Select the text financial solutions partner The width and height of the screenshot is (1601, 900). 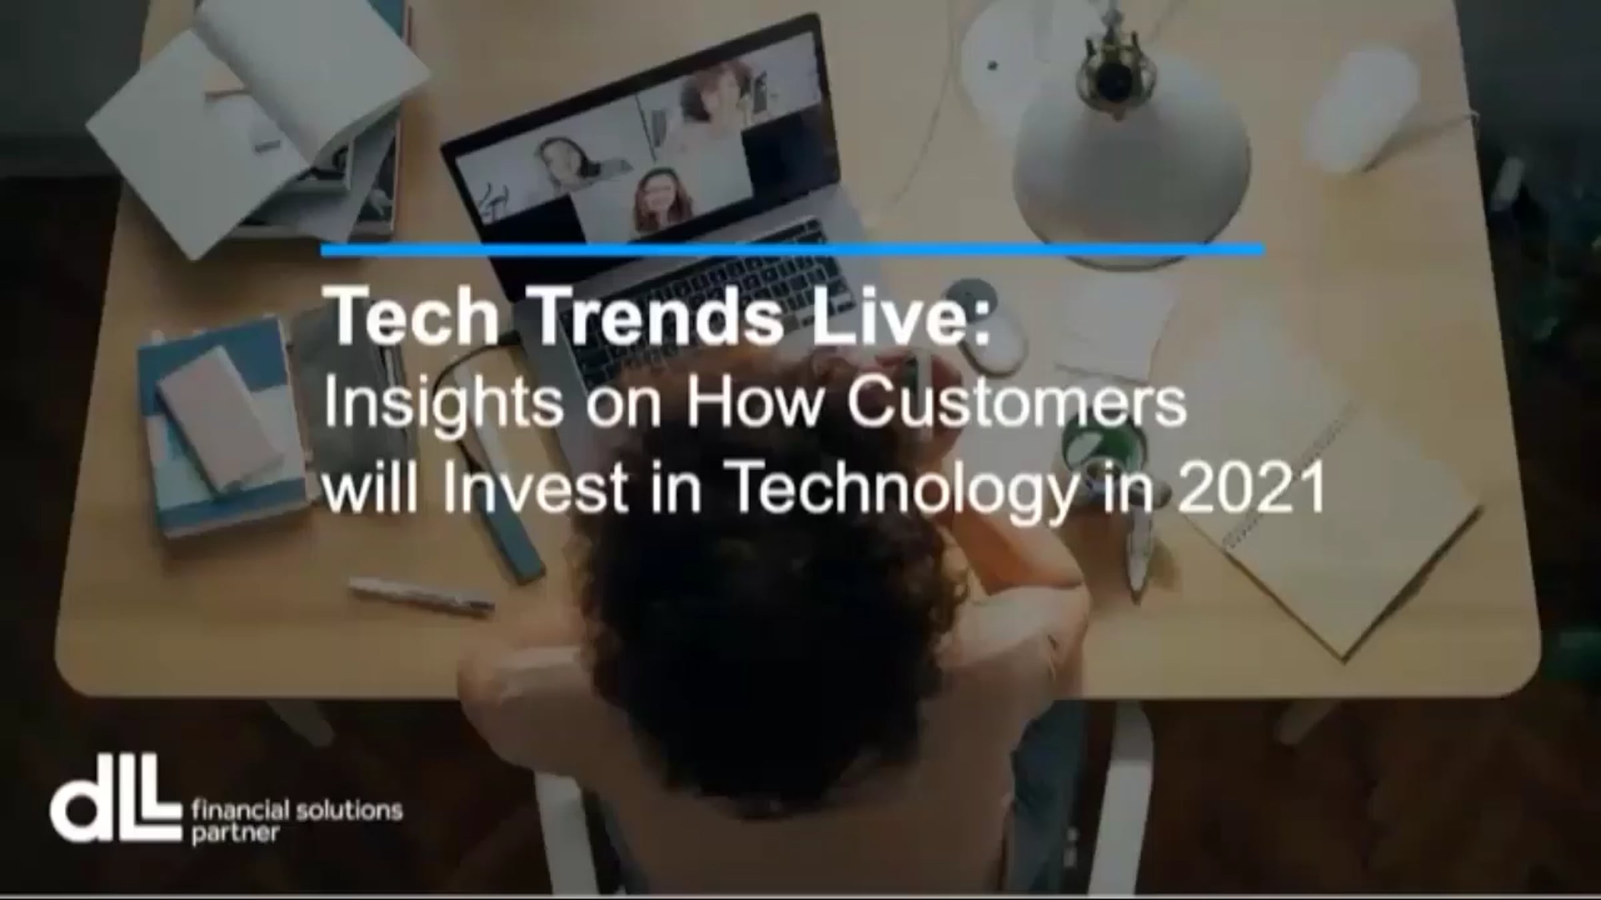point(297,821)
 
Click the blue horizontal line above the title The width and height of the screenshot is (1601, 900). point(792,250)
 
